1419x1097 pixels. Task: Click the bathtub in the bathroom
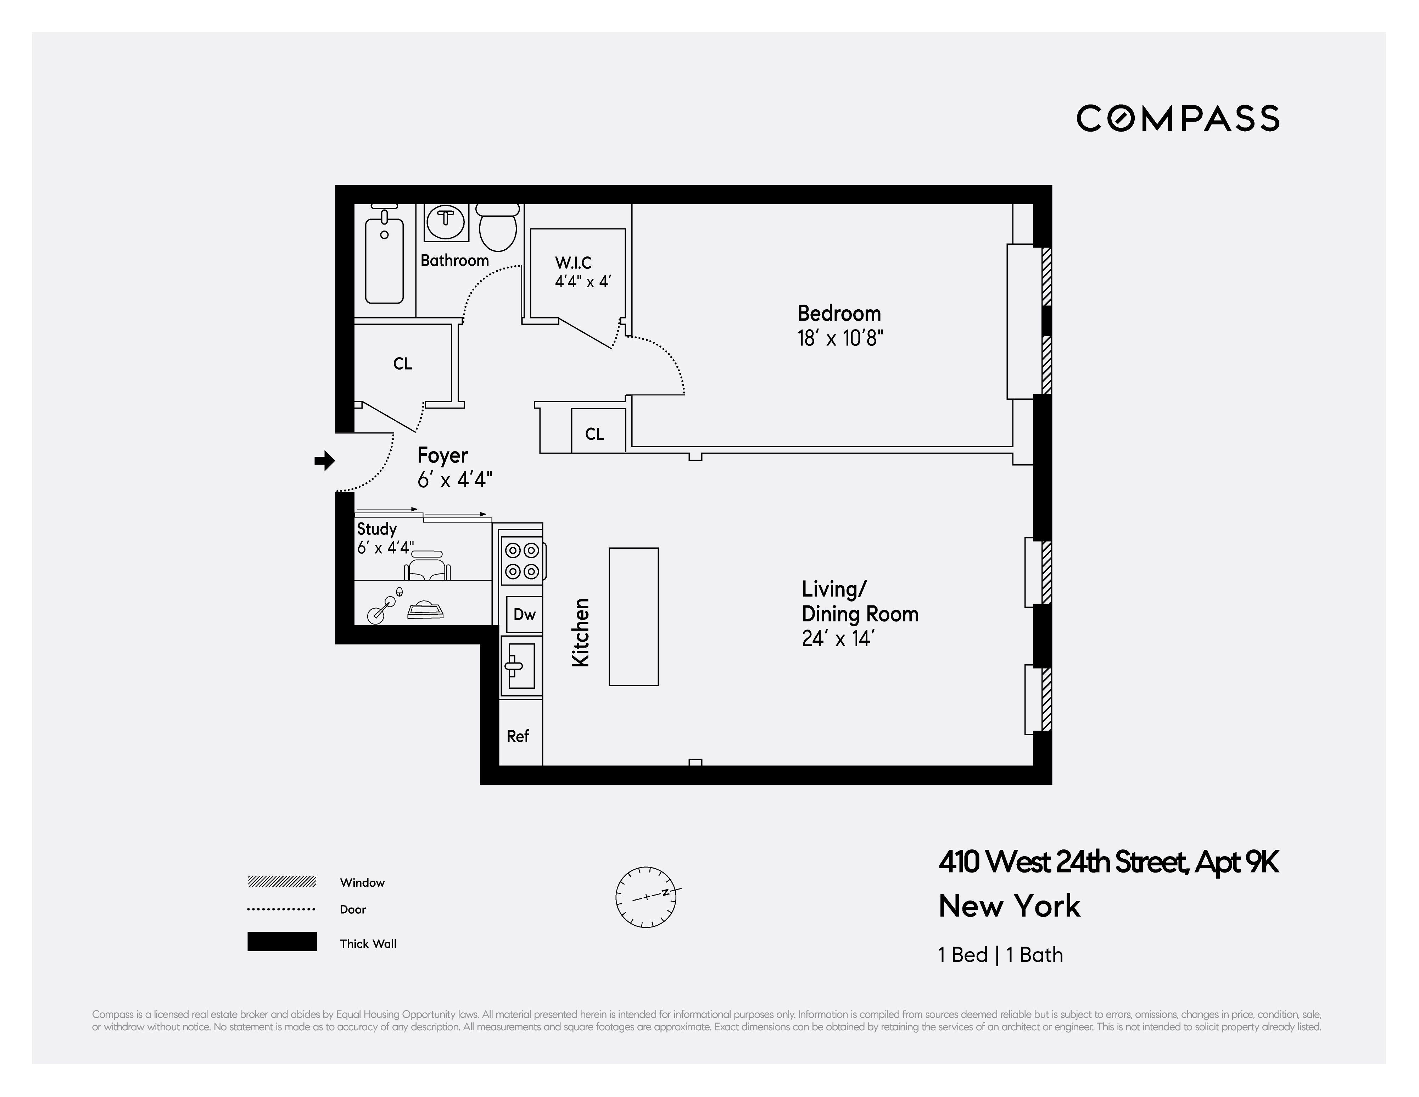(x=384, y=260)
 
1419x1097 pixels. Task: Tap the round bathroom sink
(x=446, y=220)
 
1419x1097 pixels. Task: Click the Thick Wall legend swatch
(x=282, y=942)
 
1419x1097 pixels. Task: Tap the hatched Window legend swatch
(x=282, y=882)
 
